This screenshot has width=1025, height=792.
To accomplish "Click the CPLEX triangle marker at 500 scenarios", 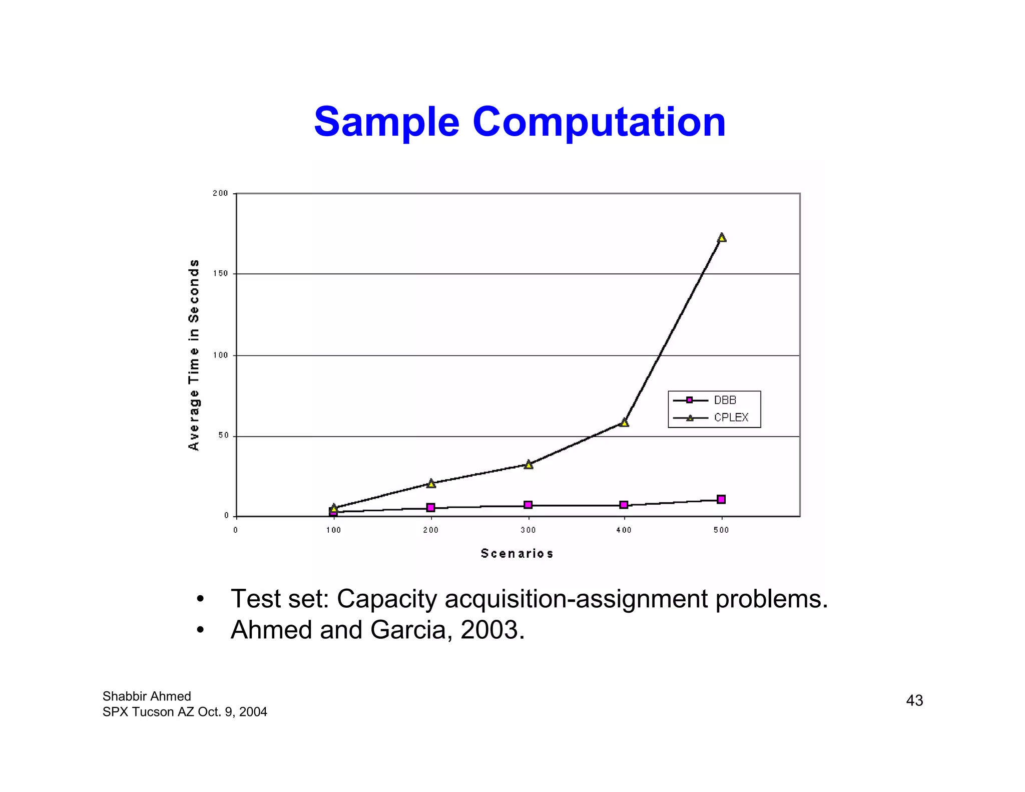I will [721, 237].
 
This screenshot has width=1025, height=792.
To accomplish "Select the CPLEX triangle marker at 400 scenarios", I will [624, 423].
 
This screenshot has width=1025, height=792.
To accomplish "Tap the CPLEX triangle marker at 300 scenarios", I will [528, 465].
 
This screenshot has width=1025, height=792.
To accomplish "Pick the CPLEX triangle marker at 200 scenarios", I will [431, 483].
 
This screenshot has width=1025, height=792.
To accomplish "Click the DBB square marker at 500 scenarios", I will [721, 499].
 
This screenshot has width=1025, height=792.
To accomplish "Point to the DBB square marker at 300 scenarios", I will [528, 505].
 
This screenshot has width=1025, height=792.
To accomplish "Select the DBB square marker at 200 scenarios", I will [430, 507].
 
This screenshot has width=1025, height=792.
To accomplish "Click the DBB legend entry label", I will [725, 400].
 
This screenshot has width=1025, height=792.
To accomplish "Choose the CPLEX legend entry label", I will [731, 418].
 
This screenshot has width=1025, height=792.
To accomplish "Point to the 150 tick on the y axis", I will [220, 274].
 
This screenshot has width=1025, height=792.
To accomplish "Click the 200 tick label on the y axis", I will [220, 193].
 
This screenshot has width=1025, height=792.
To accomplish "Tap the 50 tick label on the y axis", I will [223, 436].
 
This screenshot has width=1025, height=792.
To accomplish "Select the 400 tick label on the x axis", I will [624, 530].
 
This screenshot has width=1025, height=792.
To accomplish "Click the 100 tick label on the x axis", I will [333, 530].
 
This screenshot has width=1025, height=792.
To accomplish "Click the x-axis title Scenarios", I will [517, 553].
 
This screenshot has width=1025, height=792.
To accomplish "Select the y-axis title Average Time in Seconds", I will [194, 354].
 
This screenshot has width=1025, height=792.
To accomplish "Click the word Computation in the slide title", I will [599, 122].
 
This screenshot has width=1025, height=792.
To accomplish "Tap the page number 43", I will [914, 700].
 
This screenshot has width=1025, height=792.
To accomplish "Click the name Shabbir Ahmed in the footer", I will [147, 696].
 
